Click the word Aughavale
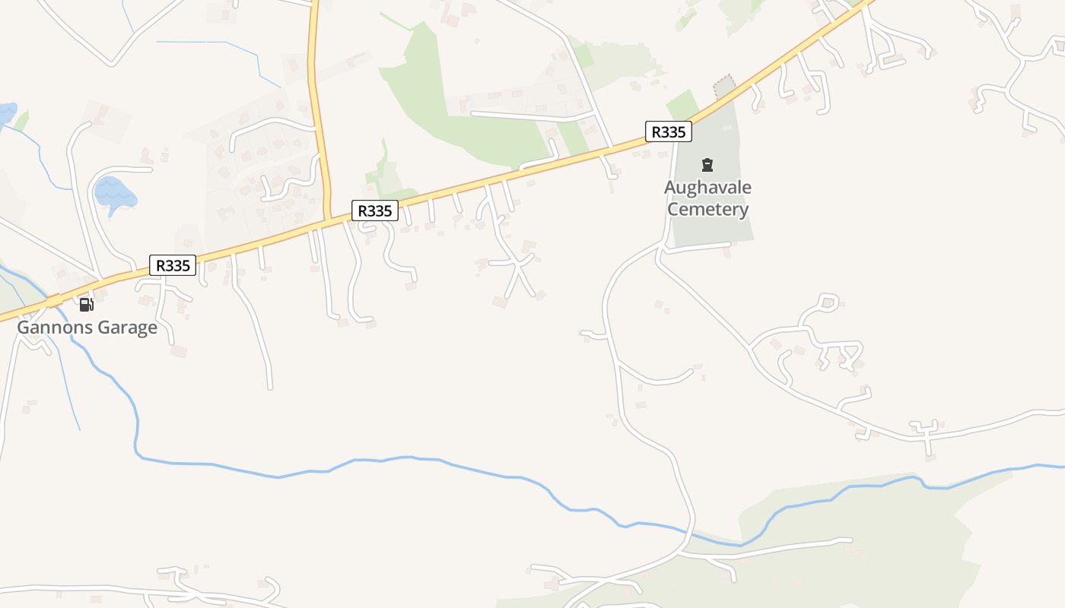[707, 188]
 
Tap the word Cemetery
[707, 209]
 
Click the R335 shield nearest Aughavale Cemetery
[669, 131]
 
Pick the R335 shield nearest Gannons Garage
[173, 265]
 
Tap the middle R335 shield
[374, 211]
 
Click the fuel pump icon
[86, 305]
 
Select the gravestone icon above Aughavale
[707, 164]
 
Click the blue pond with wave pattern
[115, 193]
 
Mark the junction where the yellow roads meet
[327, 220]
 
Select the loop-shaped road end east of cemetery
[829, 302]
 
